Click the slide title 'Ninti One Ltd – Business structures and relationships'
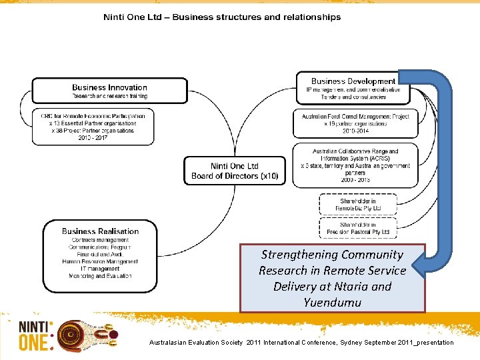tap(222, 17)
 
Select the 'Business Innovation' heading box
tap(109, 91)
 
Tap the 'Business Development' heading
tap(353, 81)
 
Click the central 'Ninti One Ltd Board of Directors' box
tap(234, 171)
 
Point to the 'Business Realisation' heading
tap(100, 231)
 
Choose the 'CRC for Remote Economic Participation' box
tap(93, 126)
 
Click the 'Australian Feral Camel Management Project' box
tap(355, 123)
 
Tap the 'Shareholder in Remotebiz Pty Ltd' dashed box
tap(358, 205)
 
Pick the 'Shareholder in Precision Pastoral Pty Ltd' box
tap(358, 228)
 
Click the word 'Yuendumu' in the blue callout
tap(332, 302)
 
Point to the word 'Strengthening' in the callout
tap(296, 255)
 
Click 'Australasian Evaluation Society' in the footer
tap(197, 343)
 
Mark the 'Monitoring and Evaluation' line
tap(100, 276)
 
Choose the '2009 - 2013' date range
tap(355, 180)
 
